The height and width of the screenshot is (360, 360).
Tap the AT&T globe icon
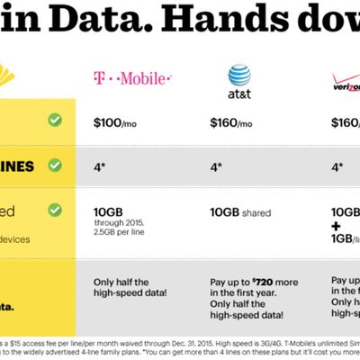238,75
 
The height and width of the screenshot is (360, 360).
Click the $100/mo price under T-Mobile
115,121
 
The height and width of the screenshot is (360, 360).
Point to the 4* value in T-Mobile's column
100,166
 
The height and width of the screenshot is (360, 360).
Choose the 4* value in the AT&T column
216,166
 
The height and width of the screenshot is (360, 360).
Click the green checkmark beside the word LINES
55,166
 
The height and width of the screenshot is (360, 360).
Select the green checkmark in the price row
55,120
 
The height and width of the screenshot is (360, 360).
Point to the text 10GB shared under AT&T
241,212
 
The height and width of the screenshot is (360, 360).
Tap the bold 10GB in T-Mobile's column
109,212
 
